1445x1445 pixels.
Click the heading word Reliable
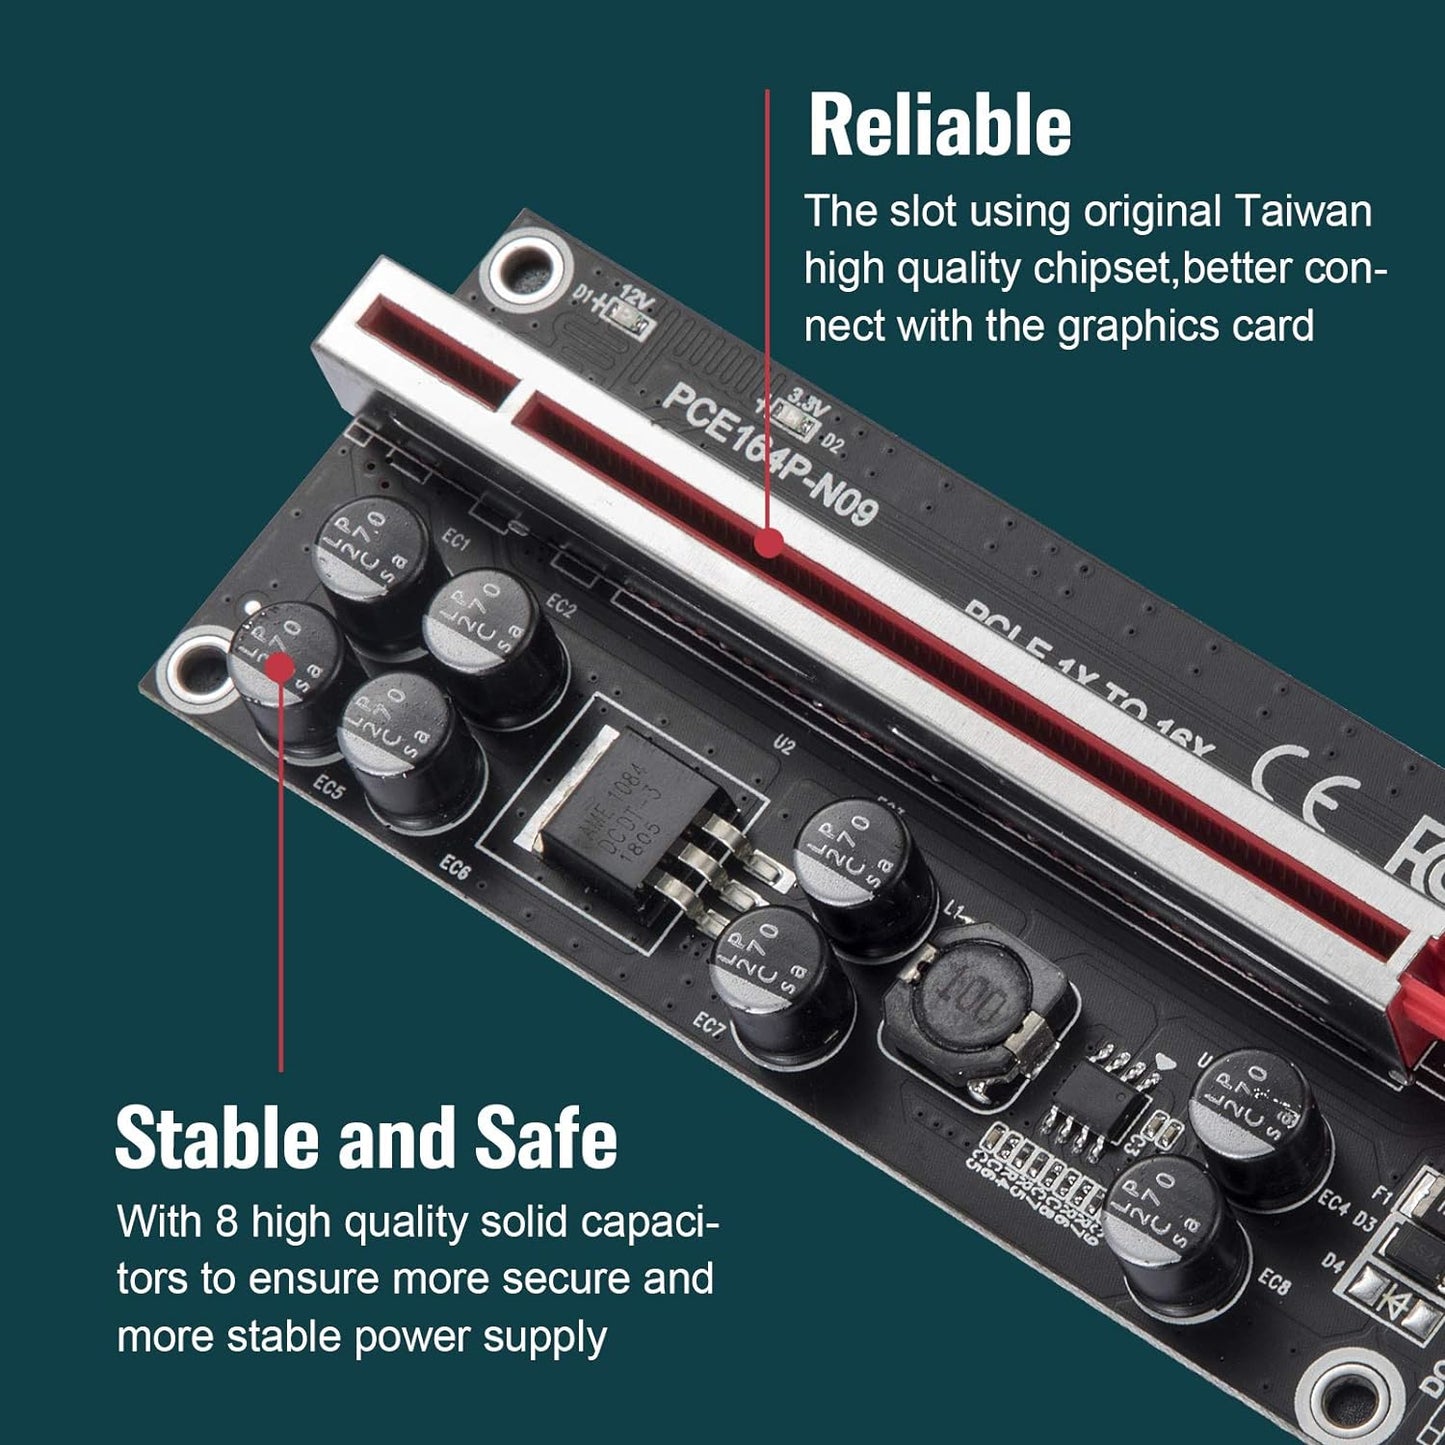click(939, 126)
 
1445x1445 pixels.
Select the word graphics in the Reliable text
click(1138, 327)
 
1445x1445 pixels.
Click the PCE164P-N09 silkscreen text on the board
click(769, 454)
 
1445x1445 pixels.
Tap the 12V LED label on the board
click(636, 297)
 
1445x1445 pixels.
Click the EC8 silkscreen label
click(1274, 1281)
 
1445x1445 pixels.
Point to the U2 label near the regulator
click(784, 744)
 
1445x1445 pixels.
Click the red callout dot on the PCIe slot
click(768, 542)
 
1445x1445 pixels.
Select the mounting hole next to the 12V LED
click(525, 264)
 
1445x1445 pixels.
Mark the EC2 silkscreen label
click(561, 606)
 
